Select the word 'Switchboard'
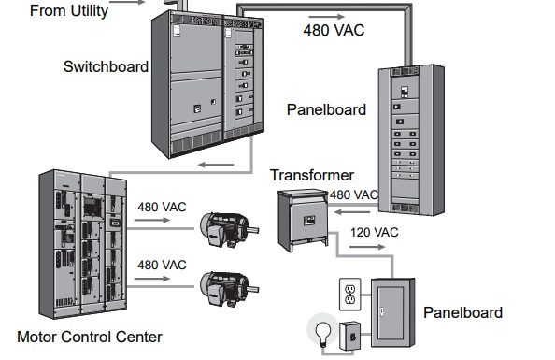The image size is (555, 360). [106, 66]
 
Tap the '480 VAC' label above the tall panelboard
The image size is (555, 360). [334, 30]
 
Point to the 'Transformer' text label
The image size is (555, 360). [311, 175]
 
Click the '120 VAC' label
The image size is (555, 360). [374, 232]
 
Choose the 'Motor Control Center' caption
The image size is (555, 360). [89, 337]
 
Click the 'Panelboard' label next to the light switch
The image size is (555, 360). [462, 312]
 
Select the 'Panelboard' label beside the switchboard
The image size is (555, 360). [326, 109]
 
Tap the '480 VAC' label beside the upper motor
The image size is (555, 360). [162, 207]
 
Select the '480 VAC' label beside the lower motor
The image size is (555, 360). [162, 265]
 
